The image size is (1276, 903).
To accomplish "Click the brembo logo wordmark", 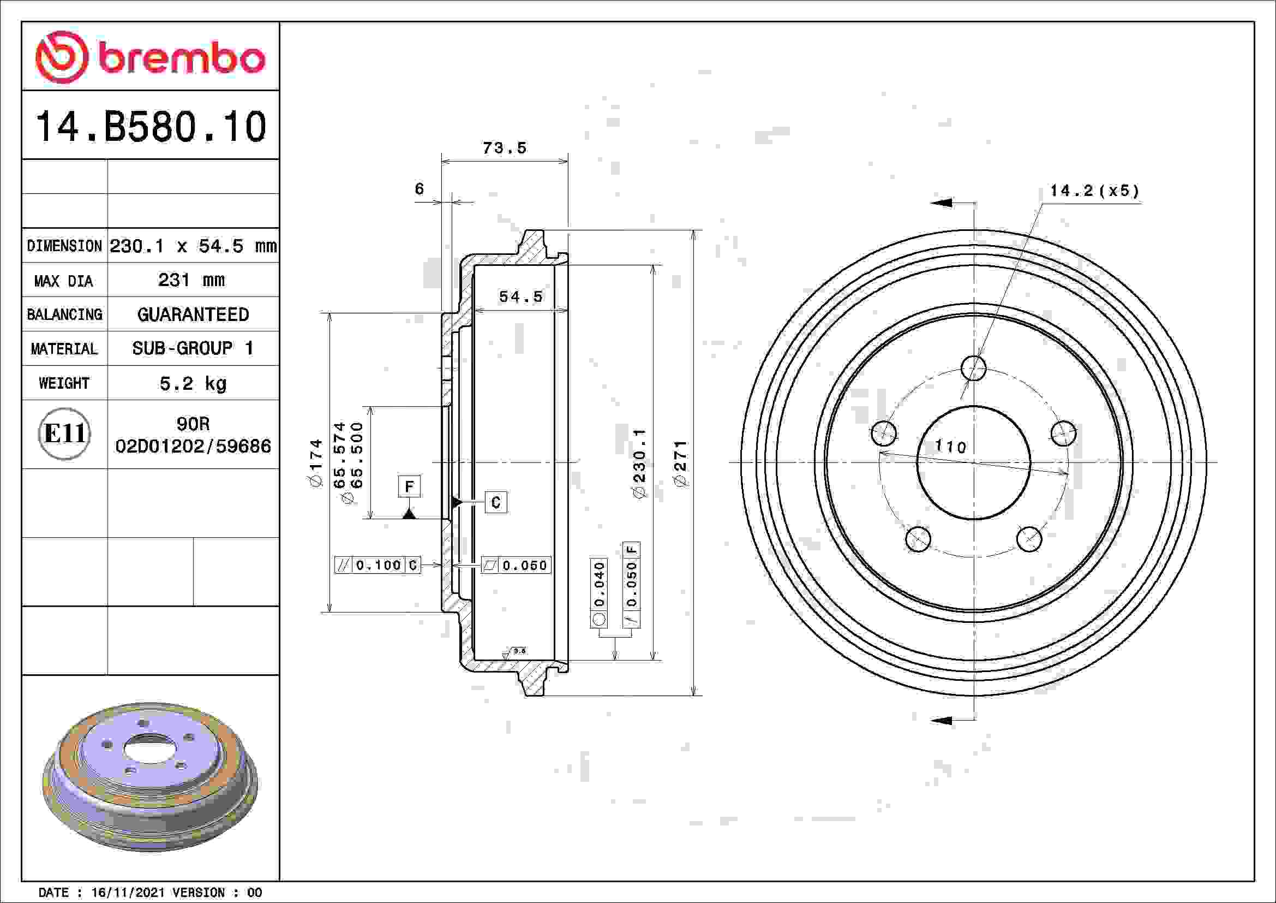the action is pyautogui.click(x=181, y=58).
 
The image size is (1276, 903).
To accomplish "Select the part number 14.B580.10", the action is pyautogui.click(x=151, y=127).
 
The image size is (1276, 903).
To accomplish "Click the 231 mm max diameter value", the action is pyautogui.click(x=191, y=280).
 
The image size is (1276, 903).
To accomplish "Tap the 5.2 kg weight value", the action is pyautogui.click(x=193, y=383).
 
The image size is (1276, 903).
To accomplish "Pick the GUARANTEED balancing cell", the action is pyautogui.click(x=193, y=314).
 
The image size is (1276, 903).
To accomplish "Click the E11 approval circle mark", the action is pyautogui.click(x=64, y=433).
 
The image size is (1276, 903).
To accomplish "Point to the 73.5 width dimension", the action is pyautogui.click(x=504, y=148).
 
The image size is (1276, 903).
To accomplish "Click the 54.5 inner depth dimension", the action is pyautogui.click(x=520, y=296).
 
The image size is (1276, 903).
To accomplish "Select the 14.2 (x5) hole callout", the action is pyautogui.click(x=1094, y=191).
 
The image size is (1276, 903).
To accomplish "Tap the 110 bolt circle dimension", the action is pyautogui.click(x=951, y=446).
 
